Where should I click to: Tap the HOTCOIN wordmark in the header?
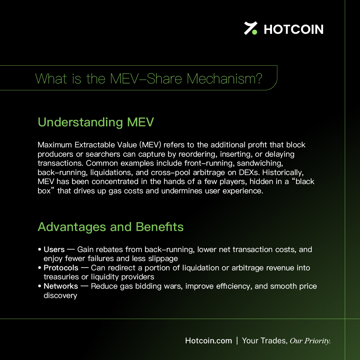click(x=294, y=29)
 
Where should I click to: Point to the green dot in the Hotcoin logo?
click(x=254, y=32)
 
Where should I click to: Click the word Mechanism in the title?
click(x=224, y=79)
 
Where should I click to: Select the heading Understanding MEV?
click(x=96, y=122)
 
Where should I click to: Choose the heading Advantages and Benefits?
click(x=111, y=227)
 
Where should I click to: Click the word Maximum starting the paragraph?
click(x=55, y=145)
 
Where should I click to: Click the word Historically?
click(x=283, y=173)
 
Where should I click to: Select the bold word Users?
click(x=54, y=249)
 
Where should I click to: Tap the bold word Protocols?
click(x=61, y=268)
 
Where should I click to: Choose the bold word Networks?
click(x=61, y=286)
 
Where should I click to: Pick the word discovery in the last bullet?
click(x=60, y=295)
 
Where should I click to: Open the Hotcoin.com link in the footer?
click(x=208, y=340)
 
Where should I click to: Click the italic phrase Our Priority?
click(x=310, y=341)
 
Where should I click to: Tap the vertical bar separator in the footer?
click(x=237, y=340)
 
